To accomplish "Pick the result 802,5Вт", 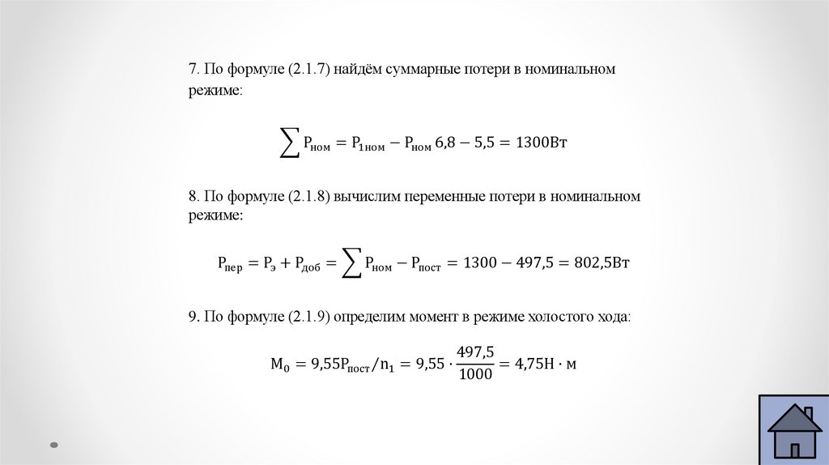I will [x=596, y=262].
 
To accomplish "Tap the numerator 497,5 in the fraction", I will [x=475, y=352].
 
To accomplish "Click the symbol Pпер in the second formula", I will [x=230, y=263].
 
